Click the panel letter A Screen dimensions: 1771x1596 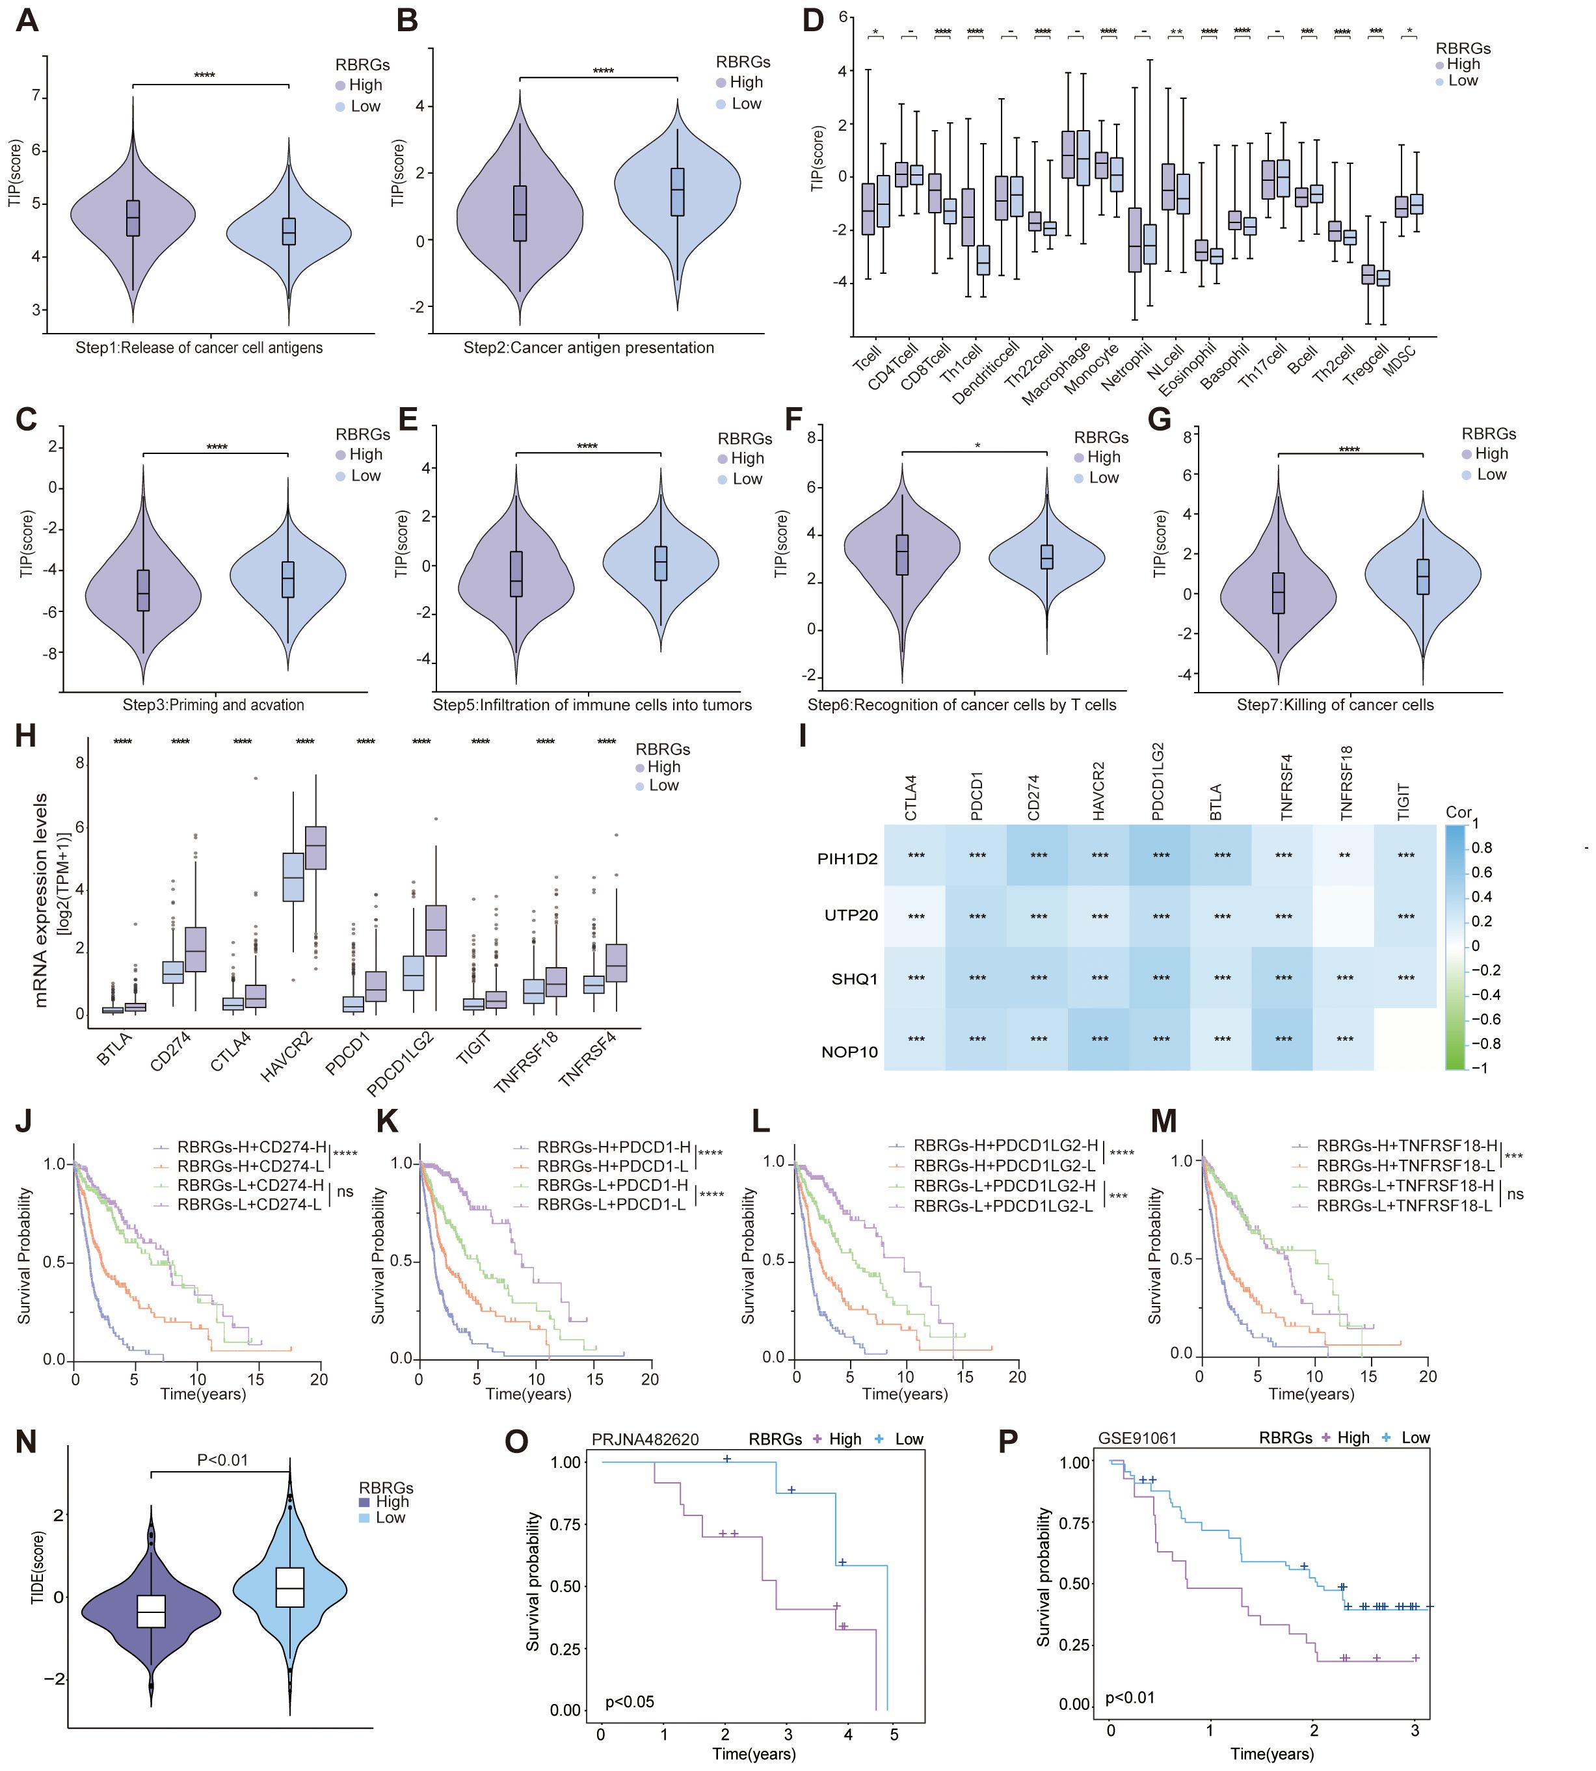pos(27,20)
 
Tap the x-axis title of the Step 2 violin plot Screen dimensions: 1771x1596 pos(589,348)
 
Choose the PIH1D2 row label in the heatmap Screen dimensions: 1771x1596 pos(847,859)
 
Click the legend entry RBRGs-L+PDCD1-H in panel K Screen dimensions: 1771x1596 pos(612,1186)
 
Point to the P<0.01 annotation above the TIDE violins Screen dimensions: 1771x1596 pos(222,1459)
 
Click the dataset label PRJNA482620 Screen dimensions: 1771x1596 pos(645,1439)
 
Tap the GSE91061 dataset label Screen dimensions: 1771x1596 pos(1137,1438)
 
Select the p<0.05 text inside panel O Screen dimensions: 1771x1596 pos(630,1702)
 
